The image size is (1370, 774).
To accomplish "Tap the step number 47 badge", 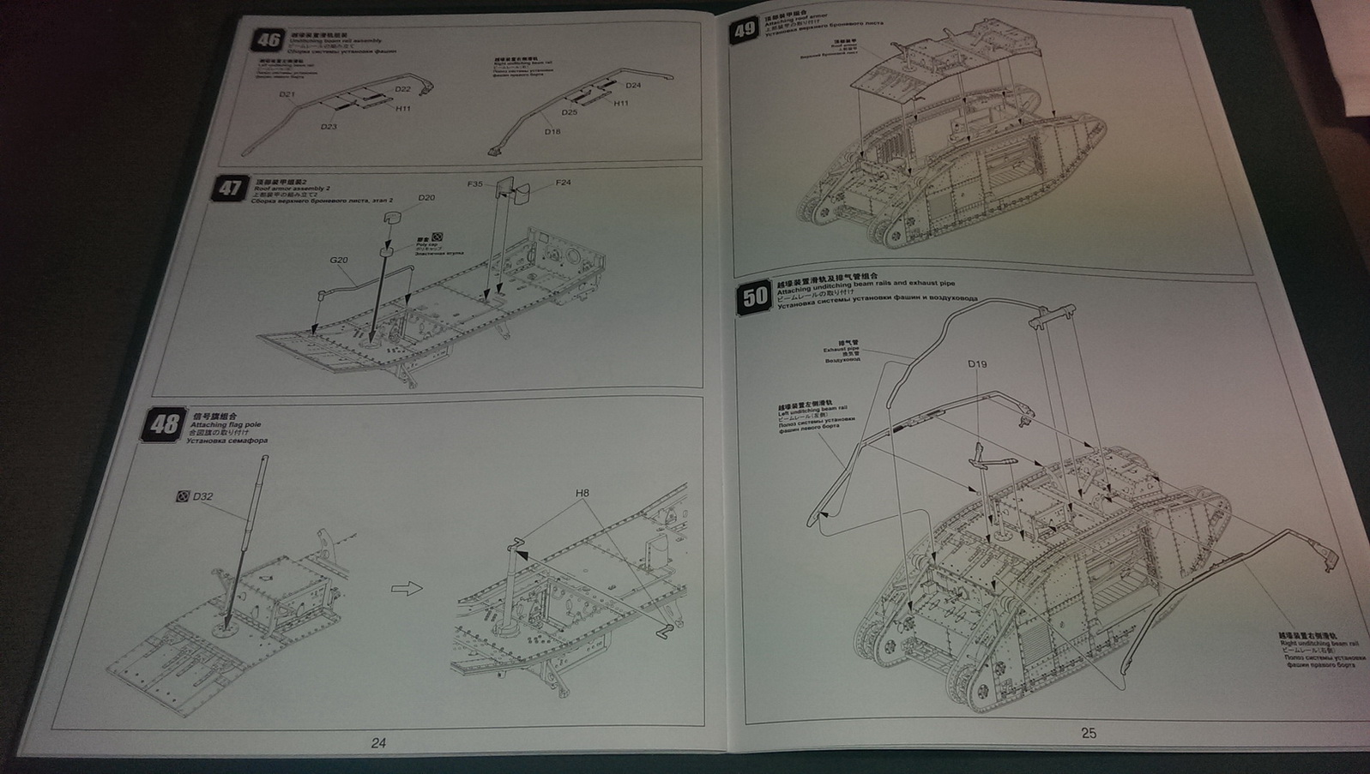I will click(x=229, y=188).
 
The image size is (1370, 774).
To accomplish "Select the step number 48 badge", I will click(x=164, y=423).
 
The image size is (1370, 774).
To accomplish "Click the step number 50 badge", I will click(x=755, y=297).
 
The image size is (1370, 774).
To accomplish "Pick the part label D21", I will click(x=287, y=94).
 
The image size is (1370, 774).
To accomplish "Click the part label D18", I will click(x=552, y=131).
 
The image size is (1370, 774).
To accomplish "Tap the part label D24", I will click(x=633, y=86).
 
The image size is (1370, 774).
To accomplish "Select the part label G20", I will click(x=339, y=261).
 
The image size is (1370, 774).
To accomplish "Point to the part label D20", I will click(x=426, y=198).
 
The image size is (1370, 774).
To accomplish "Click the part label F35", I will click(x=476, y=183).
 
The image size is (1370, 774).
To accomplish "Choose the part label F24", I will click(x=563, y=182).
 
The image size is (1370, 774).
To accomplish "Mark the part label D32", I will click(x=202, y=496).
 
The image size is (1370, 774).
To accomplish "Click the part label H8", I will click(x=582, y=493).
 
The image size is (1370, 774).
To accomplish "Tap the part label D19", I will click(x=977, y=364).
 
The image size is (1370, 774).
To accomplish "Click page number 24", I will click(x=378, y=743).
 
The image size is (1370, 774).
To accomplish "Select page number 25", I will click(x=1088, y=733).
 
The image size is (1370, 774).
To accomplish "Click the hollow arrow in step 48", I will click(x=408, y=588).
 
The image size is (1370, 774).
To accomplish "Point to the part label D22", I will click(x=402, y=89).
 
